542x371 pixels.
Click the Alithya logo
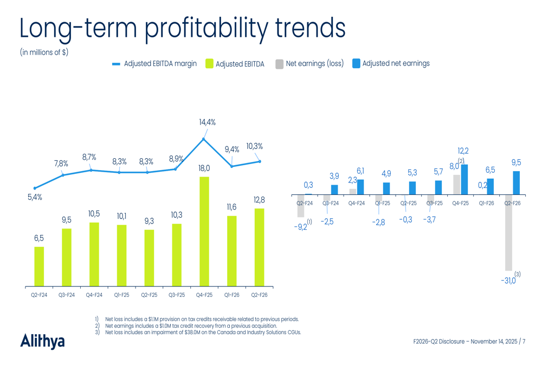pos(42,341)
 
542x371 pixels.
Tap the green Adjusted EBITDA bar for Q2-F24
pos(39,266)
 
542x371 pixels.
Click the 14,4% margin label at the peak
pos(206,122)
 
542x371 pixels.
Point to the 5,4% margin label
pos(35,198)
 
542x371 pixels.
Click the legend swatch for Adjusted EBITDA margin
pos(116,64)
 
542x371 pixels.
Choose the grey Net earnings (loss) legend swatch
pos(279,64)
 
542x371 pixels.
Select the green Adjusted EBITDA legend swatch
pos(209,64)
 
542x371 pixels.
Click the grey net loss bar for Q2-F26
pos(508,232)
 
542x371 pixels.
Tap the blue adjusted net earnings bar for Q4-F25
pos(464,179)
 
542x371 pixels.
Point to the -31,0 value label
pos(508,281)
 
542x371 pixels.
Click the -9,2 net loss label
pos(300,227)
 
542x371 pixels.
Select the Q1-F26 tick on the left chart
pos(232,295)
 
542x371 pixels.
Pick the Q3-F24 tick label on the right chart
pos(331,203)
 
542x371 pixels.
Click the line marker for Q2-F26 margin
pos(260,161)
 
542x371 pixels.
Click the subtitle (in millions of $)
pos(44,53)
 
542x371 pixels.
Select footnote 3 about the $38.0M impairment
pos(201,332)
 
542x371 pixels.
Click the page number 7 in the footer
pos(524,342)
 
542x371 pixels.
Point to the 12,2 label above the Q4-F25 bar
pos(463,151)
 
